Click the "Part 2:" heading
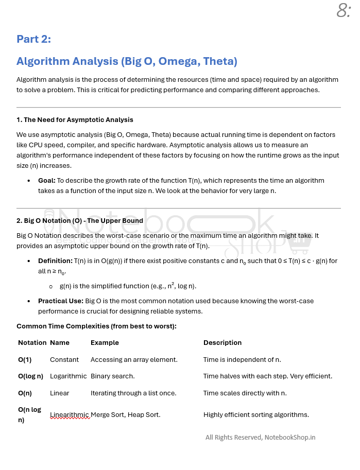pos(33,39)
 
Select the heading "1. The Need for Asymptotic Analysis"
pos(75,119)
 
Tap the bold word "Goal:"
pos(47,181)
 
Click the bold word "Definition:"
pos(55,261)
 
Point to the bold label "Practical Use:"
pos(60,301)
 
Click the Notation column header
pos(32,342)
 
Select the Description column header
pos(222,342)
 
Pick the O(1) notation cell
pos(25,359)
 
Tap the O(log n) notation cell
pos(30,376)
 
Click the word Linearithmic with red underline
pos(70,415)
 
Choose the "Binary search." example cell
pos(112,376)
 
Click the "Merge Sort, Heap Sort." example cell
pos(125,415)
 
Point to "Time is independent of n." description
pos(242,359)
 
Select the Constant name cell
pos(64,359)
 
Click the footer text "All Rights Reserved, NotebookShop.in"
pos(260,438)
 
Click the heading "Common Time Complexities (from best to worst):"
pos(96,326)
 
